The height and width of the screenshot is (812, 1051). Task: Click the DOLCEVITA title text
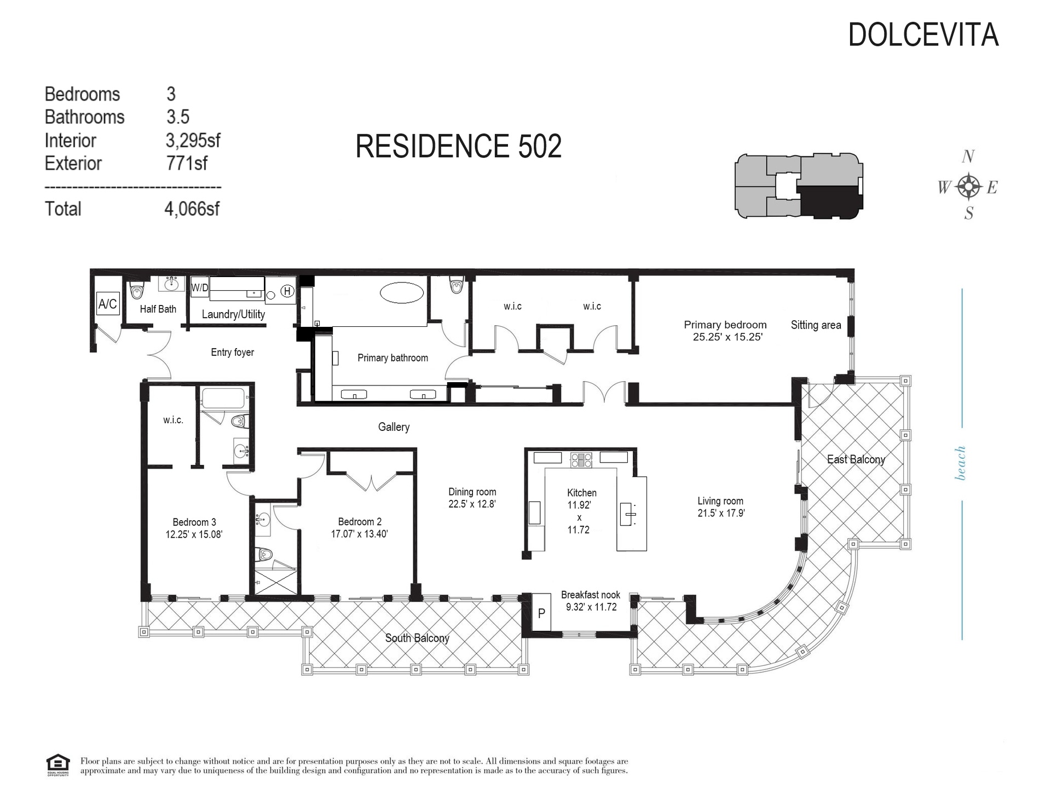(923, 35)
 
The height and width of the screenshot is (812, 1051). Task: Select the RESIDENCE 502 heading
(459, 146)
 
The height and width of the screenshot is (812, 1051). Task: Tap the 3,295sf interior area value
(193, 141)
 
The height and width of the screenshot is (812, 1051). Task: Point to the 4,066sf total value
(192, 209)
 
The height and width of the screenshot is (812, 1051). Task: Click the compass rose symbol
(969, 187)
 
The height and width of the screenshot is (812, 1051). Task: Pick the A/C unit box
(108, 303)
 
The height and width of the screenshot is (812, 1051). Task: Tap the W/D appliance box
(200, 287)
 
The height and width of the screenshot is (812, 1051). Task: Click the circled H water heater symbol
(287, 291)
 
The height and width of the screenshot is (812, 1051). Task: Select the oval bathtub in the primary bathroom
(402, 292)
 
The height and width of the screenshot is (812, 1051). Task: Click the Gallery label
(394, 427)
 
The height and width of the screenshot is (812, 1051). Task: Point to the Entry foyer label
(233, 352)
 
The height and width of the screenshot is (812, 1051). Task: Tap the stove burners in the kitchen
(581, 459)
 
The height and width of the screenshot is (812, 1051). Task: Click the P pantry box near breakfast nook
(541, 613)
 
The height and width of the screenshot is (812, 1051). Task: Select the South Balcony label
(417, 638)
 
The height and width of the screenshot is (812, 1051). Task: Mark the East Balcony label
(856, 459)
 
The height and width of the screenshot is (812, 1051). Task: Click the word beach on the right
(961, 463)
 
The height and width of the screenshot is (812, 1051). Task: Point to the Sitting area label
(816, 325)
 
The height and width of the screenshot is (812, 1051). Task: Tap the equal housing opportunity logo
(57, 765)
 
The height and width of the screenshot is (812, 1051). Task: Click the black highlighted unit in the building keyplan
(829, 202)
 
